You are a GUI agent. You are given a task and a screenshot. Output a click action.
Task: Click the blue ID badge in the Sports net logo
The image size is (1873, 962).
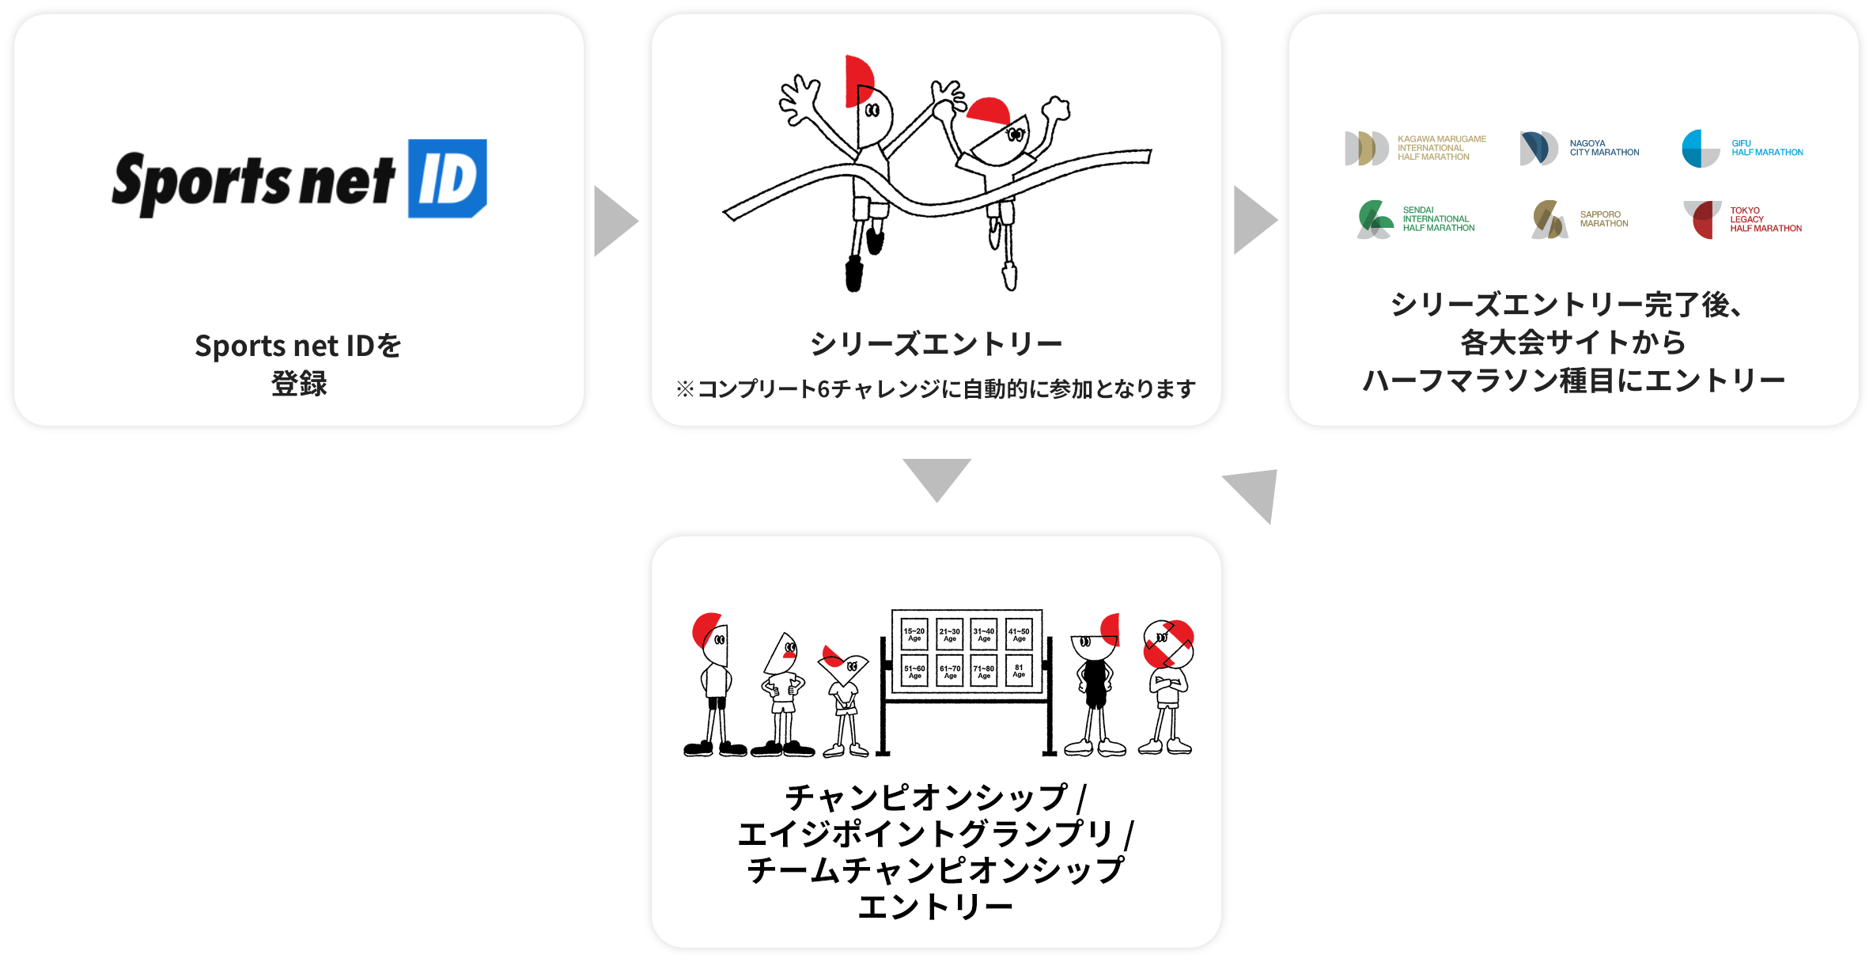[x=447, y=179]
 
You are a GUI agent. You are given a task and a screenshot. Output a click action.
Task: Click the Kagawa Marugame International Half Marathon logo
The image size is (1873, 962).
[x=1416, y=148]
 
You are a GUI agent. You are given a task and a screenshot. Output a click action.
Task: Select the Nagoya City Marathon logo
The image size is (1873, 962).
[x=1580, y=148]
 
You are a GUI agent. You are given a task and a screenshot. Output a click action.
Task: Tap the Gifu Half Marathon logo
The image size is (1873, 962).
[x=1742, y=148]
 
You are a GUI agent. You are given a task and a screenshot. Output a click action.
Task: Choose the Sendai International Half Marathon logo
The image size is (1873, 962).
[x=1416, y=219]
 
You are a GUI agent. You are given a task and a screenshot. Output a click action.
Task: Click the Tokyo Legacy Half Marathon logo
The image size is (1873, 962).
[x=1742, y=219]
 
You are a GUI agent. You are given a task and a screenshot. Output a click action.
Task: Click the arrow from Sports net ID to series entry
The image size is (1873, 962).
[x=616, y=222]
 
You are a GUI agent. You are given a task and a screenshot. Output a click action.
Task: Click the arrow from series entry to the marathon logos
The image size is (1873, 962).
[x=1256, y=220]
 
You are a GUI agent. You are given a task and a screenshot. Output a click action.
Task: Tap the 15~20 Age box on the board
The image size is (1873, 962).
[x=914, y=634]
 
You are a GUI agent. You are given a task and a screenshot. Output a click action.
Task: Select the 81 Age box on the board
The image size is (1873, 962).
[x=1019, y=671]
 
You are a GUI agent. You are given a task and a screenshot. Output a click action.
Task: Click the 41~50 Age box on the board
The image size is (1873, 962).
[x=1019, y=634]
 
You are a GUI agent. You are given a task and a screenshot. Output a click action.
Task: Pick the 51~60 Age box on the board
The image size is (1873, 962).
[x=914, y=671]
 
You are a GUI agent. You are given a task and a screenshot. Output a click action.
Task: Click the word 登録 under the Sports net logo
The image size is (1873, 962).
[x=299, y=384]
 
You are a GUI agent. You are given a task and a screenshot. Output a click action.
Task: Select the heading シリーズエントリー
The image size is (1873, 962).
[x=936, y=344]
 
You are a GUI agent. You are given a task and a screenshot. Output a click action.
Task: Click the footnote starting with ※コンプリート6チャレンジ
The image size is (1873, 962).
[x=936, y=389]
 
